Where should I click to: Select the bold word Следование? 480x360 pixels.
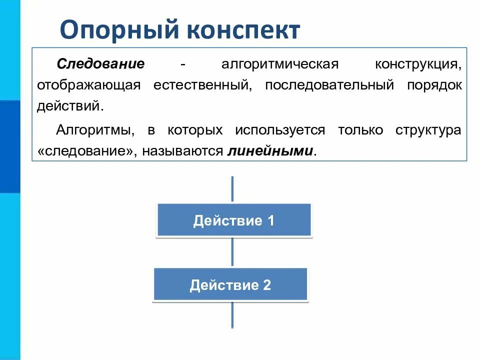(100, 64)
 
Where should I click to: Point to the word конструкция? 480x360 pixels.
(418, 64)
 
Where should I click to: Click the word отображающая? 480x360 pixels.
(88, 85)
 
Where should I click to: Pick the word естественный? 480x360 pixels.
(201, 85)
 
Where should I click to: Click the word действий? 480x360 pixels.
(70, 106)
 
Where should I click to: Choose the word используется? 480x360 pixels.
(280, 130)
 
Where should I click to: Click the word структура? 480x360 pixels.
(428, 130)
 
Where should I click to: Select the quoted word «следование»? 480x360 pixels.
(85, 151)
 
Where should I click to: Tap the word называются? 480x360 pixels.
(182, 151)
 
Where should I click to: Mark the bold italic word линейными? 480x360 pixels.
(270, 151)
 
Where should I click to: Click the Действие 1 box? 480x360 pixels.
(234, 220)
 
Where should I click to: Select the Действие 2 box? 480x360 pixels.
(230, 285)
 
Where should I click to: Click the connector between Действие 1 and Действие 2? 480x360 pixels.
(232, 252)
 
